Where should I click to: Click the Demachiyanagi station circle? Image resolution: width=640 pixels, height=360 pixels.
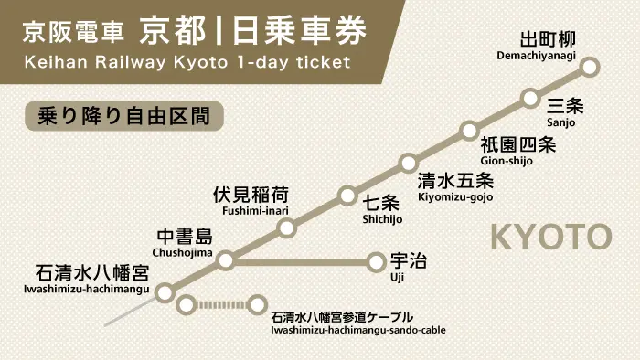coord(590,67)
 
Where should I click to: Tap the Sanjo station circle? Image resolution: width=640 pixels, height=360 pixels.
coord(530,98)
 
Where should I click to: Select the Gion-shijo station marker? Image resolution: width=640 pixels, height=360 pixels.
coord(469,130)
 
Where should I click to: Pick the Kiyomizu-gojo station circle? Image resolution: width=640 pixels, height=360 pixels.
coord(409,164)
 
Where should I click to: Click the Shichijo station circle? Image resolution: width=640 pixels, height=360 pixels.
coord(347,196)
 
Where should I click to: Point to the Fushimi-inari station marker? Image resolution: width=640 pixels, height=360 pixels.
coord(286,228)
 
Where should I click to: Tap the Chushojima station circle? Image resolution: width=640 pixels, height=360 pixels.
coord(226,261)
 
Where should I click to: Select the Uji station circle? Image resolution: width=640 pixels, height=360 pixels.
coord(377,262)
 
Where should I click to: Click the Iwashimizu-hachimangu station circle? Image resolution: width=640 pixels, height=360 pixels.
coord(165,293)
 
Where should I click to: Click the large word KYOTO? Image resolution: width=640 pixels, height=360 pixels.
coord(551,237)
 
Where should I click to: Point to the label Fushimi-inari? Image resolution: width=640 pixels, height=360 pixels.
coord(249,211)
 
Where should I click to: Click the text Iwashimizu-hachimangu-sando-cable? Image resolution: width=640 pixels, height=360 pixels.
coord(358,330)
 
